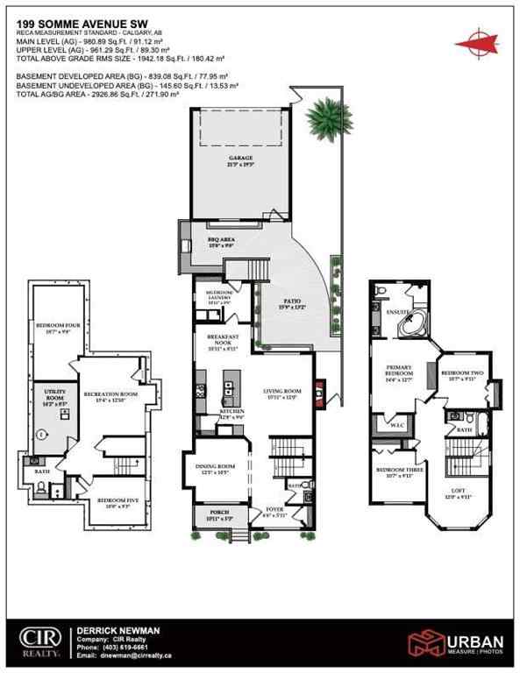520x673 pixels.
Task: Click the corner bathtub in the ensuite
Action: tap(409, 326)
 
